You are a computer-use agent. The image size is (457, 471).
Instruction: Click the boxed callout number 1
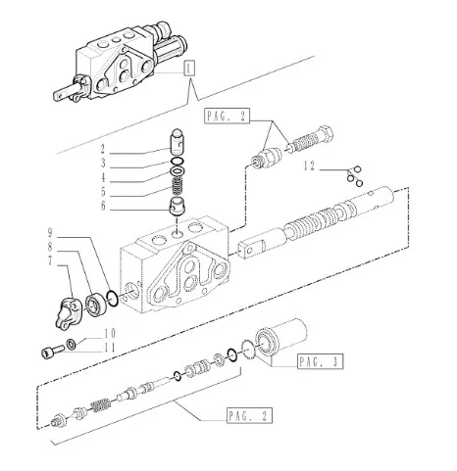tap(189, 69)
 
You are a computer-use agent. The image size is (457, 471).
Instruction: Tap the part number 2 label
tap(103, 149)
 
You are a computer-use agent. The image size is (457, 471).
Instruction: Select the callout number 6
tap(103, 206)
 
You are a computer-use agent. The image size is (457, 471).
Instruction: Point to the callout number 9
tap(50, 233)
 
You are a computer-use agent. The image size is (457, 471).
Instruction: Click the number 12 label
tap(309, 166)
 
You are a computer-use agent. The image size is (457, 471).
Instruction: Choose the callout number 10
tap(110, 334)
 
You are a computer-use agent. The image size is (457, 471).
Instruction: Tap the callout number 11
tap(110, 348)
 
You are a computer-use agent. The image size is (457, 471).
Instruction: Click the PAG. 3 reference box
tap(321, 361)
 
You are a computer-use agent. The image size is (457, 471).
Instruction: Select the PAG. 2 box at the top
tap(227, 116)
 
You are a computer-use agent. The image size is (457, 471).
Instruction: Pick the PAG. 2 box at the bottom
tap(249, 415)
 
